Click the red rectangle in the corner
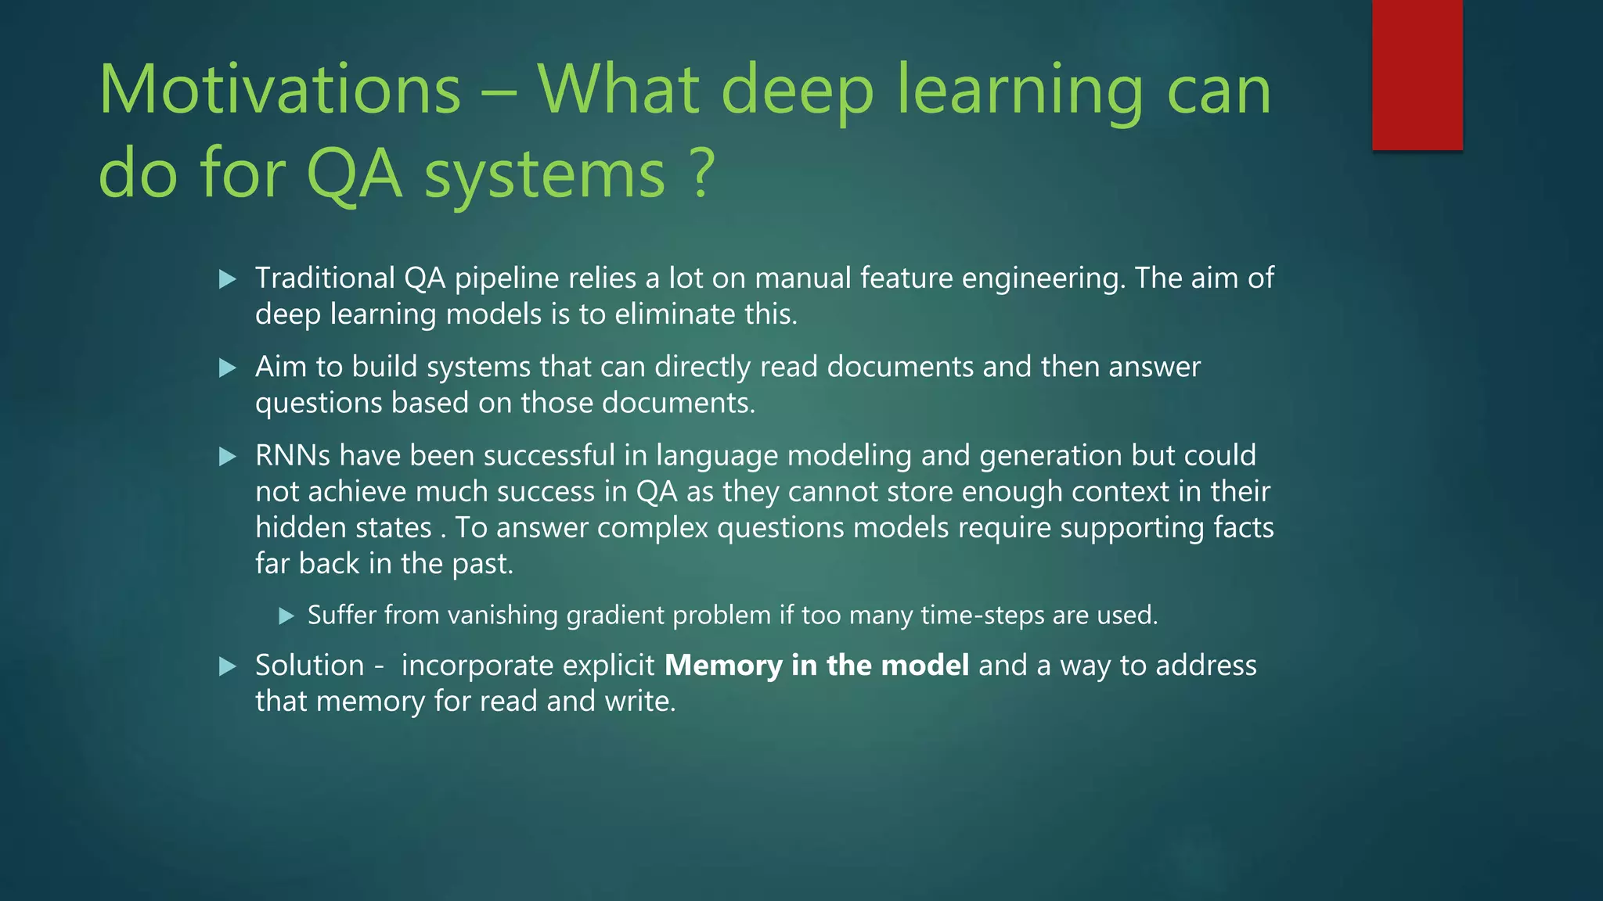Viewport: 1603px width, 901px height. [x=1417, y=74]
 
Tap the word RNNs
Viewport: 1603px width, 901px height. [x=292, y=455]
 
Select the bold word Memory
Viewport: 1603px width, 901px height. [x=723, y=665]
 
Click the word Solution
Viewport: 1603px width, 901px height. [x=310, y=666]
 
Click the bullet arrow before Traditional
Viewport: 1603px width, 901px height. [x=228, y=279]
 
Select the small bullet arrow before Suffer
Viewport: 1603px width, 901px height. [x=286, y=616]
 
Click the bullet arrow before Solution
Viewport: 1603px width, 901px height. [x=228, y=666]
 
